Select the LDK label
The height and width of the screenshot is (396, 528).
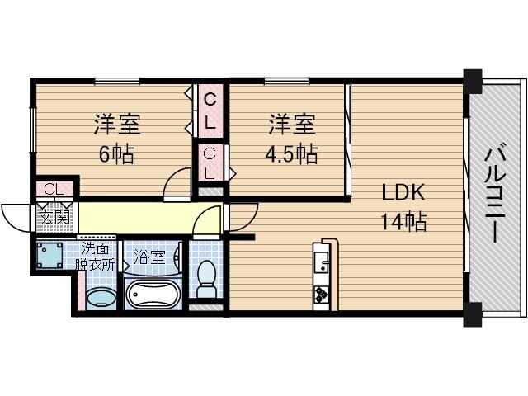[x=402, y=194]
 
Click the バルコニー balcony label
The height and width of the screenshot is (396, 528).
[x=495, y=194]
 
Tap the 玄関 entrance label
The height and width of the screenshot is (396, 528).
[x=54, y=219]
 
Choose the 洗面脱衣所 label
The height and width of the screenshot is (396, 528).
[x=95, y=256]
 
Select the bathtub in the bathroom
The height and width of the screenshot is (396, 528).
[x=152, y=293]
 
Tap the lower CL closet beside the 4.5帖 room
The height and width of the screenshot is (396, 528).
[x=210, y=163]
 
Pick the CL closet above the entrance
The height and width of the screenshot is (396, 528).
[x=54, y=190]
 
